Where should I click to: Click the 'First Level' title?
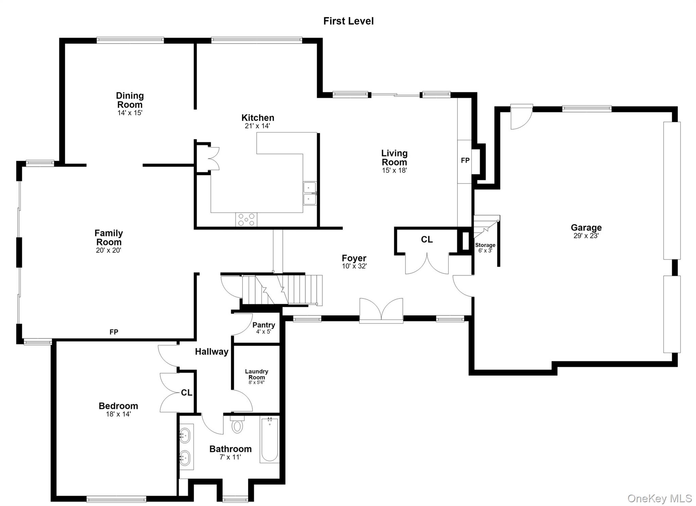348,21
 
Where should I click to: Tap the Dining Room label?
130,100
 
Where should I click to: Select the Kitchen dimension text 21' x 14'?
257,126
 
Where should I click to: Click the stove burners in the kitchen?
246,220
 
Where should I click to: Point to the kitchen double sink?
310,193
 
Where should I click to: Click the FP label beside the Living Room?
465,160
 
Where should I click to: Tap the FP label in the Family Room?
114,332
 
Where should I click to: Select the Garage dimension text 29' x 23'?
586,236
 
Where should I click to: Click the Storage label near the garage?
485,245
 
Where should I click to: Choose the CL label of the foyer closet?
427,240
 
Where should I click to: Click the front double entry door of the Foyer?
381,310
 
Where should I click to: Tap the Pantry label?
264,325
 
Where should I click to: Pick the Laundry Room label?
257,374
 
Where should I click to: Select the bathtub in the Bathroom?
269,440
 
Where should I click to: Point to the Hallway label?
211,352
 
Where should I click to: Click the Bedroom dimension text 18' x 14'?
118,414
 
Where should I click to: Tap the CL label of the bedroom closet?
187,393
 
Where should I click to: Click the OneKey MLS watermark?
659,498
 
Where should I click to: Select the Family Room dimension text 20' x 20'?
108,250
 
